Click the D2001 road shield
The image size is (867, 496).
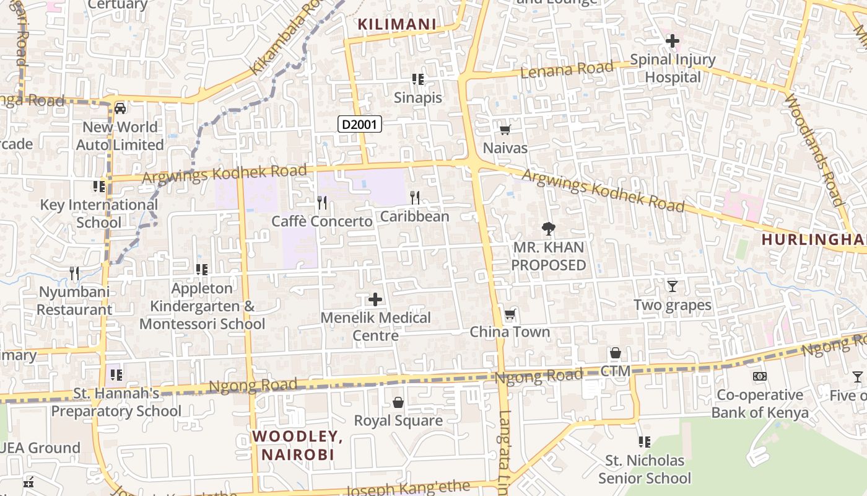pyautogui.click(x=360, y=125)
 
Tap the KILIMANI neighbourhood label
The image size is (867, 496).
pyautogui.click(x=397, y=24)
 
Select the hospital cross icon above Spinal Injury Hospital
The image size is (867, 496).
pyautogui.click(x=672, y=42)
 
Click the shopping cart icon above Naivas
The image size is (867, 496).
pyautogui.click(x=505, y=130)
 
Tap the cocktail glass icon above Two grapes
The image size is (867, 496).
pyautogui.click(x=672, y=286)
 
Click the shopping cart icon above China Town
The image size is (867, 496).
pyautogui.click(x=510, y=314)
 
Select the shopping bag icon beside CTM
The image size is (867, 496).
pyautogui.click(x=615, y=353)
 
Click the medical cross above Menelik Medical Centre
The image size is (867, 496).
pyautogui.click(x=375, y=300)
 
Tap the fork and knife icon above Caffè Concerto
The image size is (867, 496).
pyautogui.click(x=322, y=203)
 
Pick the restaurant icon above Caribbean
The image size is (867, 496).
pyautogui.click(x=415, y=198)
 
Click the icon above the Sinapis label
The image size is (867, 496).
pyautogui.click(x=418, y=79)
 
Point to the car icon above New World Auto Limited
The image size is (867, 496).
pyautogui.click(x=120, y=108)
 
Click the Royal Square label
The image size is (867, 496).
pyautogui.click(x=398, y=420)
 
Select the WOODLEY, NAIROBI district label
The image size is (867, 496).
pyautogui.click(x=297, y=445)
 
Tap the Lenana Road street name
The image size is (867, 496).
pyautogui.click(x=567, y=69)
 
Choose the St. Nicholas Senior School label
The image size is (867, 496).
pyautogui.click(x=645, y=469)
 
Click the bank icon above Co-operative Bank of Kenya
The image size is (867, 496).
pyautogui.click(x=760, y=376)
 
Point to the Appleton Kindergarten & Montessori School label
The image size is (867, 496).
pyautogui.click(x=203, y=306)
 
